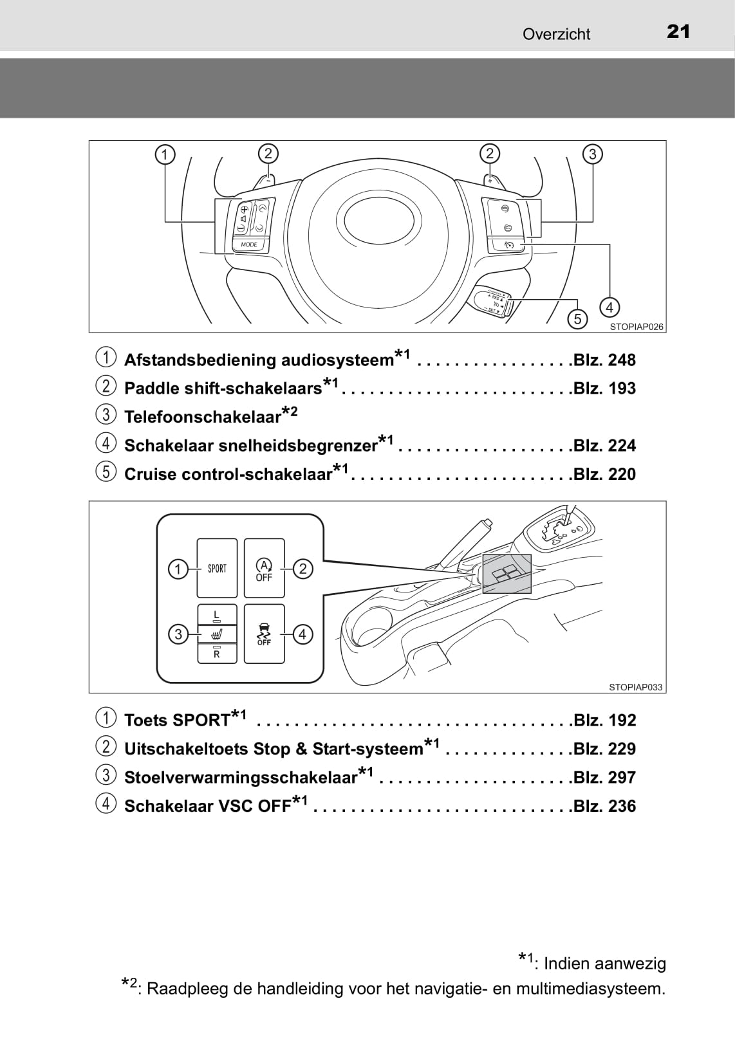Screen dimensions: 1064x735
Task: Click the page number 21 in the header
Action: click(x=678, y=32)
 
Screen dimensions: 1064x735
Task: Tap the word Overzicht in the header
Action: click(x=556, y=34)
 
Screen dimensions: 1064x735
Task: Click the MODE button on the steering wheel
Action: click(x=249, y=244)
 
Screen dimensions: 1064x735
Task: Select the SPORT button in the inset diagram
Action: click(x=217, y=569)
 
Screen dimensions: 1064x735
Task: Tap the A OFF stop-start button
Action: click(x=264, y=569)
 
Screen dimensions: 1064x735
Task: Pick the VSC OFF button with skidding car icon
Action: click(x=264, y=634)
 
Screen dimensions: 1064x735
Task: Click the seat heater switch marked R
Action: click(x=217, y=653)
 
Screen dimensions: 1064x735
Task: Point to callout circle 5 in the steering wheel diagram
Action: click(x=577, y=318)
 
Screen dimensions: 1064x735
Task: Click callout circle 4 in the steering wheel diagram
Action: click(x=609, y=307)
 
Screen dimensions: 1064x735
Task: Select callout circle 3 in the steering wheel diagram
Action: click(x=592, y=154)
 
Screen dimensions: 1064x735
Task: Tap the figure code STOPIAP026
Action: click(x=636, y=327)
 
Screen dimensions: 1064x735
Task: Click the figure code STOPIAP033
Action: click(x=635, y=687)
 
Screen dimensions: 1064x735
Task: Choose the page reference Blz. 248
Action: click(x=604, y=360)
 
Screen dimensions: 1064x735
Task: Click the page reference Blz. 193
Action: click(x=604, y=389)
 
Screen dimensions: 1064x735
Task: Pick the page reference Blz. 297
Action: click(x=604, y=778)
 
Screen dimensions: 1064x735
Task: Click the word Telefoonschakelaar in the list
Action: click(x=203, y=417)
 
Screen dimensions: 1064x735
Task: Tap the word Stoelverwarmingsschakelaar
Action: click(x=241, y=778)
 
